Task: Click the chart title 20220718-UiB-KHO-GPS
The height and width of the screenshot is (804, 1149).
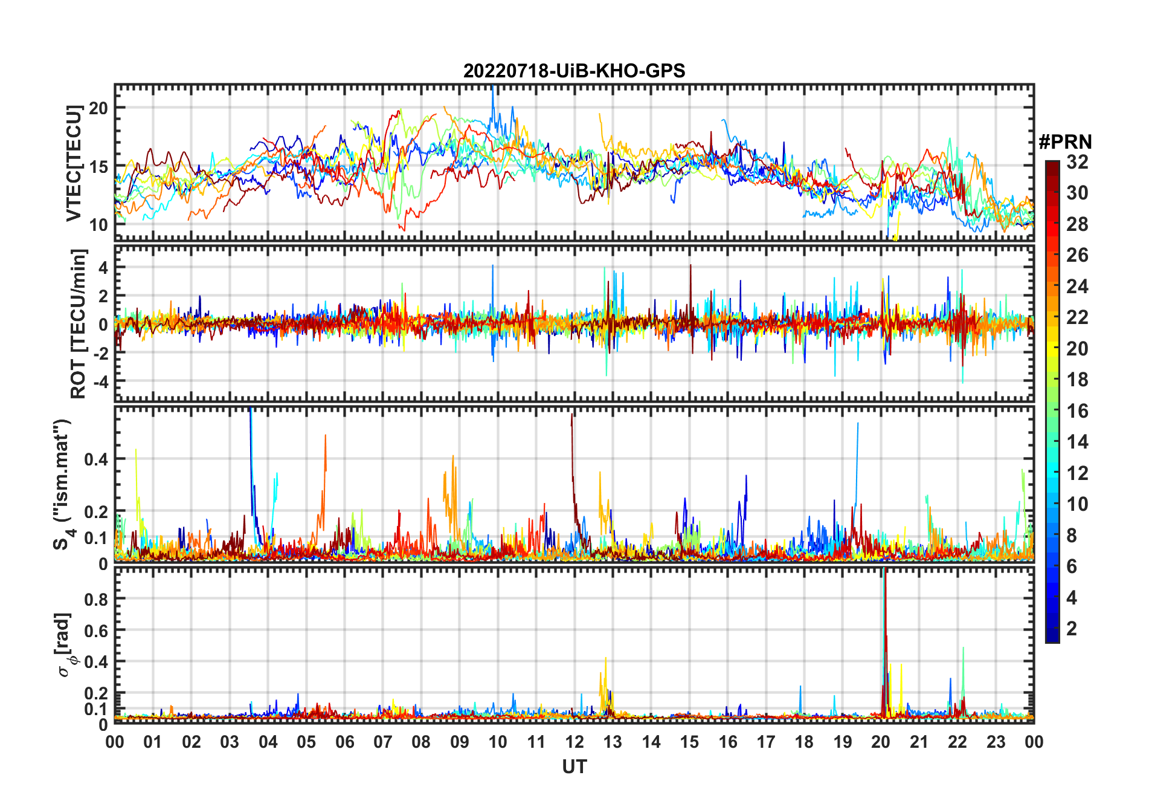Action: pyautogui.click(x=574, y=71)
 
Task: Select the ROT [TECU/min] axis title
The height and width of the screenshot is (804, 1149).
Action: pyautogui.click(x=79, y=323)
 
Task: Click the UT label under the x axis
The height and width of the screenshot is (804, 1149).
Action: pyautogui.click(x=574, y=767)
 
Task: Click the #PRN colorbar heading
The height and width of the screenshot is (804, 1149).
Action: pyautogui.click(x=1065, y=142)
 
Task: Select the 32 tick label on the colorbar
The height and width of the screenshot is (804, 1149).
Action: pyautogui.click(x=1077, y=162)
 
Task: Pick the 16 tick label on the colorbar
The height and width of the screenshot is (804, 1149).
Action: pyautogui.click(x=1077, y=411)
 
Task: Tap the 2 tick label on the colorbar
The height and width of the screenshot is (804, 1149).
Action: pyautogui.click(x=1072, y=629)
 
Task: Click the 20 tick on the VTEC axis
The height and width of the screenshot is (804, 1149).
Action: pyautogui.click(x=98, y=108)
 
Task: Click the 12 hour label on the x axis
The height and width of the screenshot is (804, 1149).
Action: pyautogui.click(x=574, y=742)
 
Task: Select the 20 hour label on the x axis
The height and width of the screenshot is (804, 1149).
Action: pyautogui.click(x=881, y=742)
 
